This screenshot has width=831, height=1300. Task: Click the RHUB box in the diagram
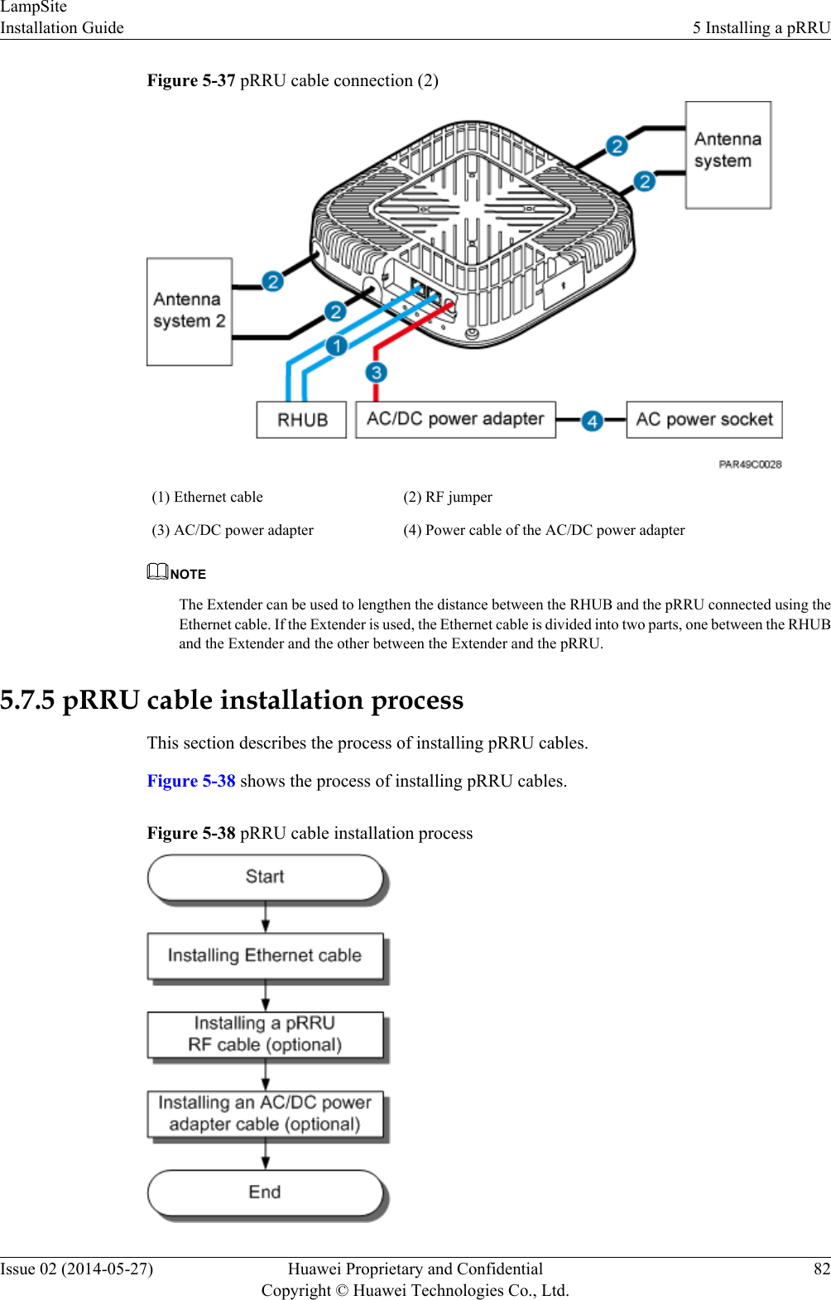click(x=301, y=420)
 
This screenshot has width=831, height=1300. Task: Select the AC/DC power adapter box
click(x=455, y=419)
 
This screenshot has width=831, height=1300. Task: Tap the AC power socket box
click(x=704, y=419)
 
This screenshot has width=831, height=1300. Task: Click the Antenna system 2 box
click(x=189, y=311)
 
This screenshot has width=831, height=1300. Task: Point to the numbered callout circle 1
click(x=336, y=345)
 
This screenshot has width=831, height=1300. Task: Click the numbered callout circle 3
click(x=377, y=373)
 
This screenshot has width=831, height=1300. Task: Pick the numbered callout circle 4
click(x=592, y=421)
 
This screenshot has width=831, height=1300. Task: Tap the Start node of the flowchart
click(x=265, y=877)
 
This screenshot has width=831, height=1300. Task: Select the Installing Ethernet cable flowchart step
click(x=265, y=956)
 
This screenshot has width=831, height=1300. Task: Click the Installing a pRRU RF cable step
click(x=265, y=1034)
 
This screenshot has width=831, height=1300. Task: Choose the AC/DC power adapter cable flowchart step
click(x=265, y=1114)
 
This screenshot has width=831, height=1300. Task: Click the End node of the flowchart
click(x=265, y=1192)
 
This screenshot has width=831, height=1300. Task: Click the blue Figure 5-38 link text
click(x=191, y=781)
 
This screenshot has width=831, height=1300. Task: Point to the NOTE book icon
click(x=157, y=571)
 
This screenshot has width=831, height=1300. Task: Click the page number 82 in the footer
click(x=821, y=1269)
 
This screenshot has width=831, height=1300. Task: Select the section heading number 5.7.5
click(x=27, y=701)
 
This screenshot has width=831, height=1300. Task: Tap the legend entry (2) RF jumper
click(x=448, y=497)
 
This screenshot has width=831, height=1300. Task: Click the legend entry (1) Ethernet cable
click(x=207, y=497)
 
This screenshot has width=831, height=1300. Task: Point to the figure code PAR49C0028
click(x=750, y=465)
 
